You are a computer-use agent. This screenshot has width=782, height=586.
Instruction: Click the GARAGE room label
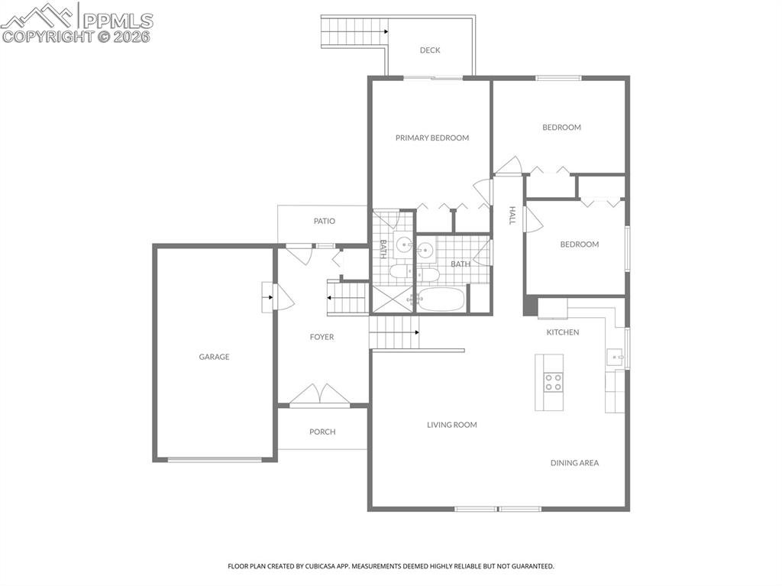tap(214, 357)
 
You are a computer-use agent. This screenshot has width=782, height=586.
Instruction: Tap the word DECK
tap(430, 50)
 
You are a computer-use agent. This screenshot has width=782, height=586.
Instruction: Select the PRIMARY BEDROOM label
tap(431, 138)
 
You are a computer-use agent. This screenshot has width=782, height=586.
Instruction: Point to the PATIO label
tap(325, 222)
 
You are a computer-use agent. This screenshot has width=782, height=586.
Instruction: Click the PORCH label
tap(322, 432)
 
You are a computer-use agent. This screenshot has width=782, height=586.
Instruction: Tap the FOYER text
tap(322, 337)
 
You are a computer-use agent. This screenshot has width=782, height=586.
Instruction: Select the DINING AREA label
tap(574, 463)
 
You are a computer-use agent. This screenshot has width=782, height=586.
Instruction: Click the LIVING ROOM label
tap(451, 425)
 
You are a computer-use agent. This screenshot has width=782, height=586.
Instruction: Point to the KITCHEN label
tap(562, 332)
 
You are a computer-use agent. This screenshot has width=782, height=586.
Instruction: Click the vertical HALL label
tap(512, 215)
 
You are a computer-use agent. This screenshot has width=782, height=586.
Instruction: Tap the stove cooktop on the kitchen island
tap(553, 382)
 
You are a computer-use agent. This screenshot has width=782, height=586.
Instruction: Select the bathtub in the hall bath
tap(441, 299)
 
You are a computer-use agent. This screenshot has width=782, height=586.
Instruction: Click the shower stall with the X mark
tap(390, 299)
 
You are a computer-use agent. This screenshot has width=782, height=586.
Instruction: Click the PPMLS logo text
tap(118, 20)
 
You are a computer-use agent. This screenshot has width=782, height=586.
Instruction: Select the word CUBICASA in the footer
tap(315, 566)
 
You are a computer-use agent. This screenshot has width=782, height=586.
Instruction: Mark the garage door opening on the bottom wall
tap(215, 460)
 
